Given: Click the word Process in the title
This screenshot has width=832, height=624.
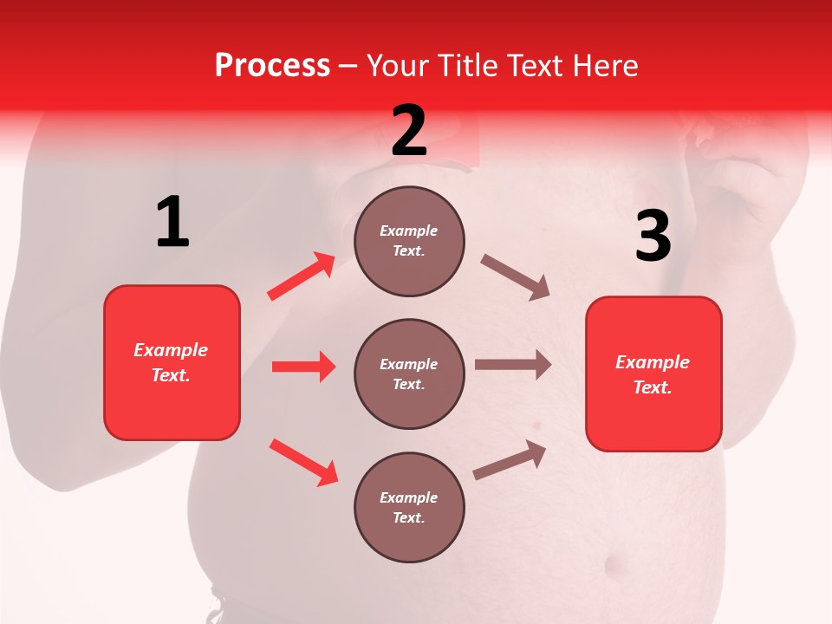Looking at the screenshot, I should click(x=272, y=66).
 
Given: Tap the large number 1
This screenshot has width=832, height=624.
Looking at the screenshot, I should click(x=172, y=222).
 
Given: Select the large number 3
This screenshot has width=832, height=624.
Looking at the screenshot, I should click(x=653, y=236).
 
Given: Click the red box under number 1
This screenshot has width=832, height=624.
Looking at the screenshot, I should click(x=172, y=362).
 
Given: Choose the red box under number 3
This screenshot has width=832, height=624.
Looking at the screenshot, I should click(x=653, y=374).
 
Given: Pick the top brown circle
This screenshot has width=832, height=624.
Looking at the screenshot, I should click(x=409, y=241).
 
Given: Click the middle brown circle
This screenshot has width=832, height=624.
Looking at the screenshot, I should click(x=409, y=374).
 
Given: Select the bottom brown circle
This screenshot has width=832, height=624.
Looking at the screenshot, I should click(x=409, y=507).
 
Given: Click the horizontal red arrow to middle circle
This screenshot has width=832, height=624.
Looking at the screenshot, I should click(x=303, y=367).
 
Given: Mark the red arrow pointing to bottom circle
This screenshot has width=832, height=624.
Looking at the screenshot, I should click(x=303, y=461).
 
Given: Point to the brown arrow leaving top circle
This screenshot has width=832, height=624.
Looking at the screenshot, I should click(x=516, y=277).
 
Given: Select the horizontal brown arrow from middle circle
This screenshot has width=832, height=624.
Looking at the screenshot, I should click(x=513, y=364).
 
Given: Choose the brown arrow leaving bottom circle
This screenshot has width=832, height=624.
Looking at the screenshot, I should click(x=510, y=460).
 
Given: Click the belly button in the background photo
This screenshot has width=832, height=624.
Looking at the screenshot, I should click(x=618, y=568).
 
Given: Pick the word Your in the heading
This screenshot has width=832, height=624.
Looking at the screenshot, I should click(x=399, y=66).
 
